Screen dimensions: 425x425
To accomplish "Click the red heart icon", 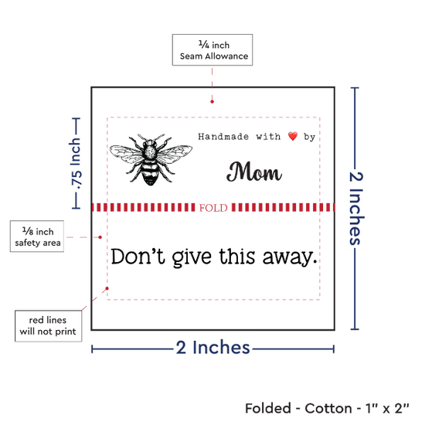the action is coord(293,136).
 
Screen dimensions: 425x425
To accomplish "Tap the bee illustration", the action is coord(151,159).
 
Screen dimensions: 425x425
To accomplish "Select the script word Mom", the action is coord(254,172).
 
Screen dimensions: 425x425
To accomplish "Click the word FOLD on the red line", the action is coord(213,208).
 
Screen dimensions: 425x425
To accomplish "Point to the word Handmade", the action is coord(223,136).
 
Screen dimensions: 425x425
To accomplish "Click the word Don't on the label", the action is coord(138,256).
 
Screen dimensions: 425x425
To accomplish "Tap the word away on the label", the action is coord(290,257).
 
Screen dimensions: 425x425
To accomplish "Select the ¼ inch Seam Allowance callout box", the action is coord(212,50).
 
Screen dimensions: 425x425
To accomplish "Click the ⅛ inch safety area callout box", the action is coord(37,236).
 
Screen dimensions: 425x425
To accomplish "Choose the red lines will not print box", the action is coord(48,326).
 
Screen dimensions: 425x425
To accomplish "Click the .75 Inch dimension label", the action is coord(76,164).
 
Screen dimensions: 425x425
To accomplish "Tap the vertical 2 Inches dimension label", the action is coord(355,209).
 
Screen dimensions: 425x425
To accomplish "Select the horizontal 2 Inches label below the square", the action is coord(212,348).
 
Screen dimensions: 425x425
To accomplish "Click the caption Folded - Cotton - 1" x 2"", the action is coord(327,408).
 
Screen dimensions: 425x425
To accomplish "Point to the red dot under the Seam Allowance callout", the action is coord(212,102).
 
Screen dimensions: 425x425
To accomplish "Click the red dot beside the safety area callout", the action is coord(100,237).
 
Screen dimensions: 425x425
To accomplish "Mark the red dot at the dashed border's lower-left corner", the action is coord(107,288).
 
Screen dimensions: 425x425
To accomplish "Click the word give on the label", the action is coord(192,257).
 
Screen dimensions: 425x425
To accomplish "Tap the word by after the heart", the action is coord(310,137).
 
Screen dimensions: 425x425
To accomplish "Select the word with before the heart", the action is coord(268,136).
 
